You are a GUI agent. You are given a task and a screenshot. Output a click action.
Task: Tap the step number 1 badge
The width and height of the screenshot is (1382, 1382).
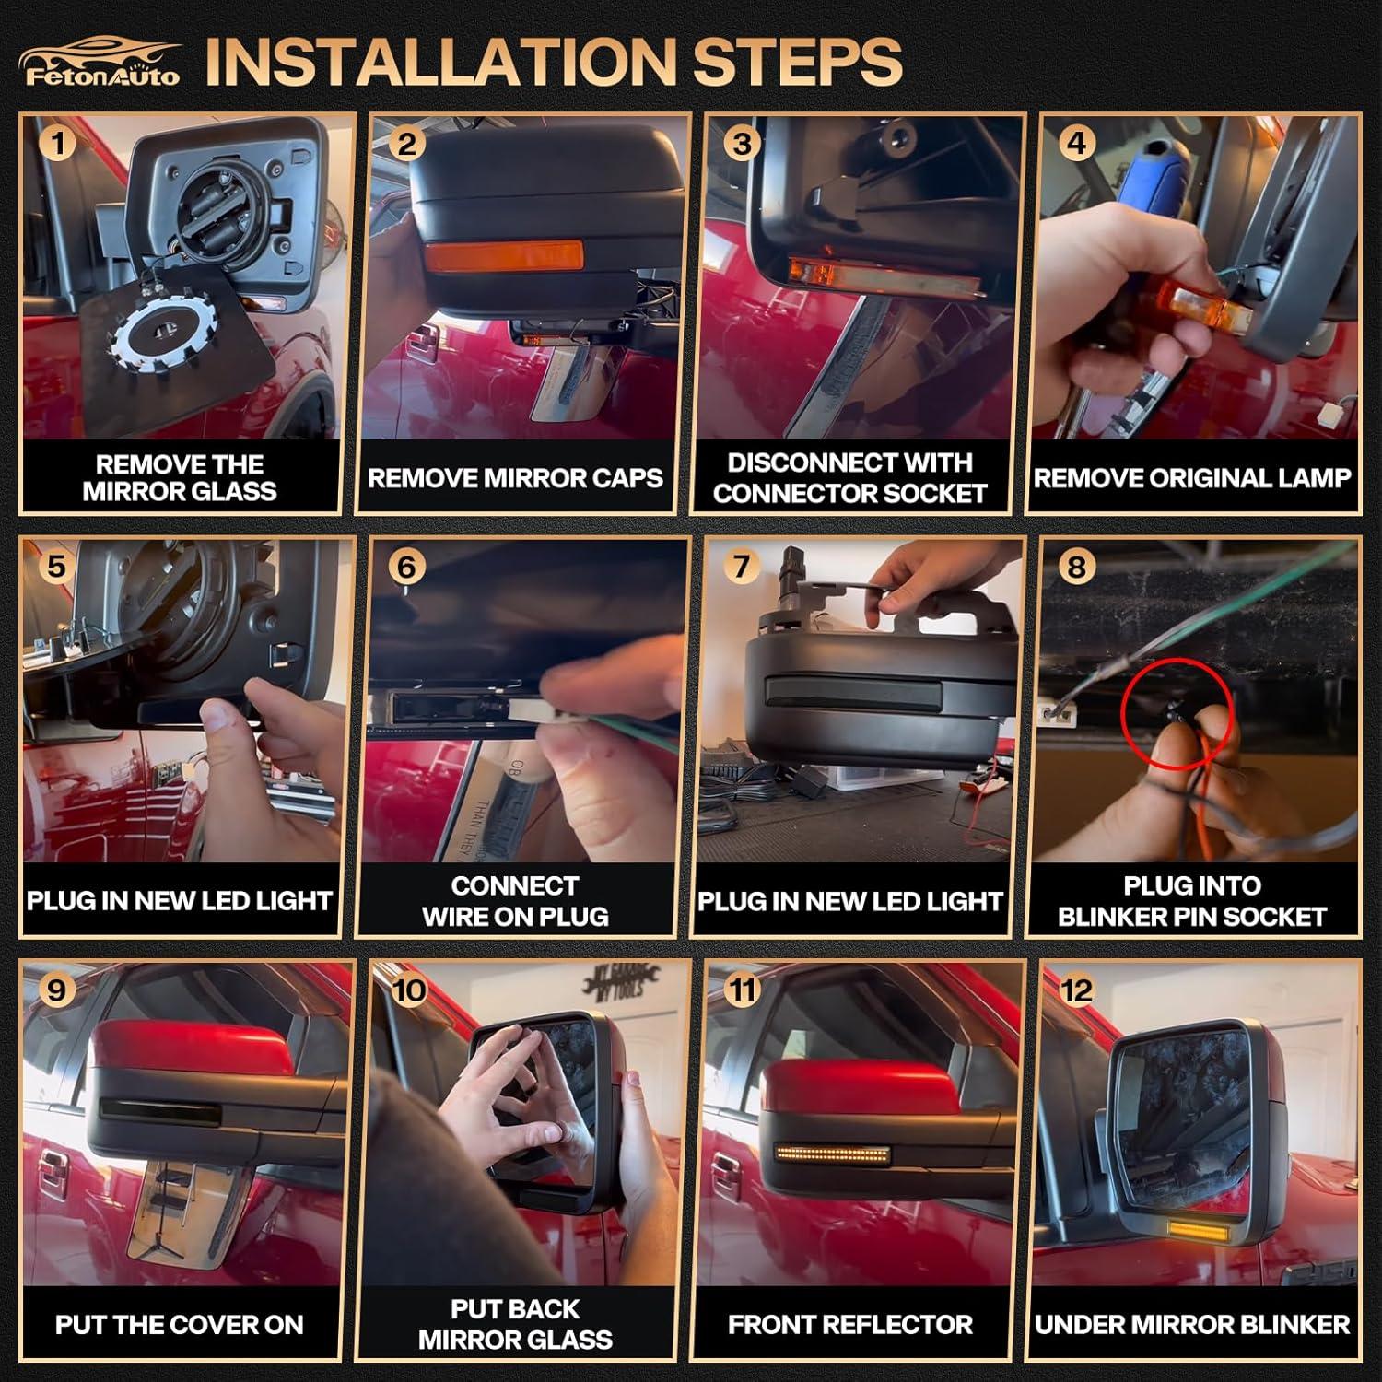(x=58, y=144)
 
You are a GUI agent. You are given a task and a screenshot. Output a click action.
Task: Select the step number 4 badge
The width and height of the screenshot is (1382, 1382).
(x=1076, y=143)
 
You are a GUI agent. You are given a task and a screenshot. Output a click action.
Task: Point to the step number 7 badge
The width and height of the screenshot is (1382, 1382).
(x=742, y=566)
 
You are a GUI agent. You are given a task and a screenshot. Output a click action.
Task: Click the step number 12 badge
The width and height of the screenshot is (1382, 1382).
(x=1076, y=990)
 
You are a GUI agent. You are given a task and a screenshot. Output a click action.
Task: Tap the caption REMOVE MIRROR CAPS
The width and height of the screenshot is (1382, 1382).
(x=515, y=478)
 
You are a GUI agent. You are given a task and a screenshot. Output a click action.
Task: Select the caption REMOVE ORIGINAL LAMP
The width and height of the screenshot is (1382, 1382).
(x=1192, y=478)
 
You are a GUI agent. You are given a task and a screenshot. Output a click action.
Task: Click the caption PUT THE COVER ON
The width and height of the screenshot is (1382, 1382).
(x=180, y=1325)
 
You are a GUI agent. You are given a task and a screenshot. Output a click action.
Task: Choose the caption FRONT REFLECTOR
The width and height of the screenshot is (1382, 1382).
(x=849, y=1325)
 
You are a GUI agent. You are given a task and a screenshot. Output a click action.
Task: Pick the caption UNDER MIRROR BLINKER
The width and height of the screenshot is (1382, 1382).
(x=1192, y=1325)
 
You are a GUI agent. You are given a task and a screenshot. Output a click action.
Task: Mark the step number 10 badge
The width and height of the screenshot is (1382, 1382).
(x=408, y=990)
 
